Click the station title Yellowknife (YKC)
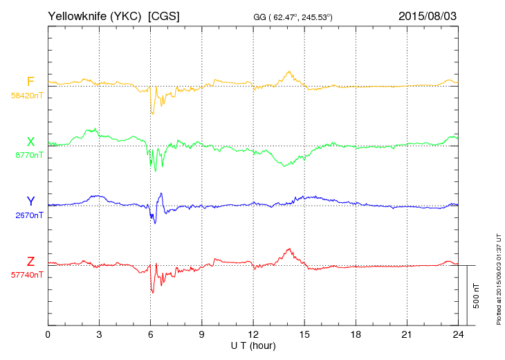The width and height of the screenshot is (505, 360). click(x=95, y=15)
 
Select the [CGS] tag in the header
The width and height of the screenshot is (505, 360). click(x=164, y=15)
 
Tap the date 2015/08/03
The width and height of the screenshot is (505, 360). click(x=428, y=15)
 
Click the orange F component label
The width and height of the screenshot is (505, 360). click(x=30, y=82)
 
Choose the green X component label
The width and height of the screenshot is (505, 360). click(x=30, y=142)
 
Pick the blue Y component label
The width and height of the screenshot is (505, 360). click(x=30, y=201)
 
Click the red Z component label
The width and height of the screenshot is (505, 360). click(x=30, y=261)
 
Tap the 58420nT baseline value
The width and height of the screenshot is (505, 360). click(x=26, y=96)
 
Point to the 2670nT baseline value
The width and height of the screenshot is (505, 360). click(x=28, y=215)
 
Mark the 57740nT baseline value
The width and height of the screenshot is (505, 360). click(x=26, y=275)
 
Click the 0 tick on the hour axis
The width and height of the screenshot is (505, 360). click(x=48, y=334)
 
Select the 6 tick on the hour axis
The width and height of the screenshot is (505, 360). click(x=150, y=334)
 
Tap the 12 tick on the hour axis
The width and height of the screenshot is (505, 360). click(x=253, y=334)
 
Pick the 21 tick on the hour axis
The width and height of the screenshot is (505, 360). click(x=407, y=334)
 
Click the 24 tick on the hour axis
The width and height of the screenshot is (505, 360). click(x=458, y=334)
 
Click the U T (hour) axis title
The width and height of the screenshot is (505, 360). click(x=252, y=345)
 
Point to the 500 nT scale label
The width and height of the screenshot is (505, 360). click(x=477, y=296)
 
